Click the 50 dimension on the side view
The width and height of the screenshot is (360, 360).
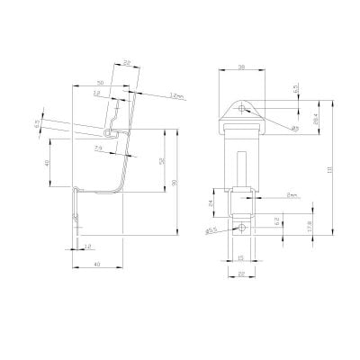click(98, 82)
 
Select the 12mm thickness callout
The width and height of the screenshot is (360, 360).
click(173, 95)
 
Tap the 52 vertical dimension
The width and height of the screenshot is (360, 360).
click(159, 161)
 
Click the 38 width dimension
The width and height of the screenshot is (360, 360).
click(240, 67)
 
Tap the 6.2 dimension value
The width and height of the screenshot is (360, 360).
click(280, 220)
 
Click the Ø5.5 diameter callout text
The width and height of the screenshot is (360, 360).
click(210, 231)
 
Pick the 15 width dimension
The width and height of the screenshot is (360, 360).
click(241, 258)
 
